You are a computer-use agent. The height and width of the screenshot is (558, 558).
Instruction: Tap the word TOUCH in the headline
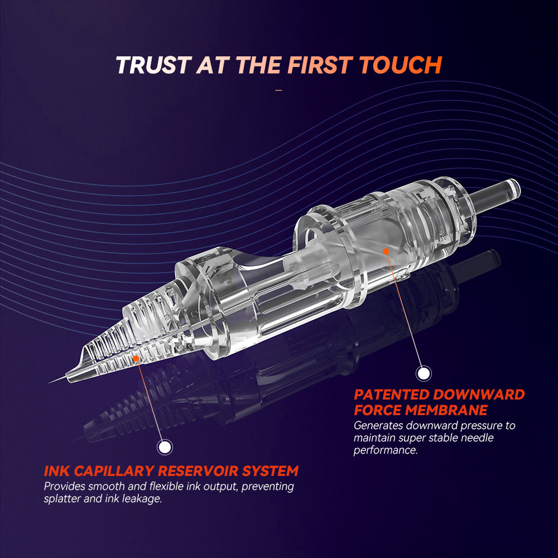pyautogui.click(x=401, y=65)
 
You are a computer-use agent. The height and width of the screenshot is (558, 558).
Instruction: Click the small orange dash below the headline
pyautogui.click(x=278, y=90)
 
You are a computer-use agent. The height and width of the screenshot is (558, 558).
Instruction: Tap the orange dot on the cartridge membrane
pyautogui.click(x=386, y=251)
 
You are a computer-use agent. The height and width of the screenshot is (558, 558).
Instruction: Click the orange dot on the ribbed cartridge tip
pyautogui.click(x=136, y=358)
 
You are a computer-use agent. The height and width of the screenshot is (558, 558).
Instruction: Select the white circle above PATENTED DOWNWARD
pyautogui.click(x=424, y=374)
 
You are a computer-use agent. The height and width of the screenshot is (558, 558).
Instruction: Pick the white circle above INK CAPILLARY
pyautogui.click(x=165, y=447)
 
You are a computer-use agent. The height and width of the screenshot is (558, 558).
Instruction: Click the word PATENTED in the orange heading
pyautogui.click(x=392, y=395)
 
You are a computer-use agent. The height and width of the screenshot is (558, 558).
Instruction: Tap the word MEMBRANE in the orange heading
pyautogui.click(x=446, y=410)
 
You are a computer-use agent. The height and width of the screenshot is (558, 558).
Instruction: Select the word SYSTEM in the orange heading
pyautogui.click(x=270, y=471)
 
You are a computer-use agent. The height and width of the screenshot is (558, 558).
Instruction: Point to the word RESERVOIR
pyautogui.click(x=198, y=471)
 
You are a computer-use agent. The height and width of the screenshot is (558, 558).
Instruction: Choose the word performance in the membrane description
pyautogui.click(x=386, y=450)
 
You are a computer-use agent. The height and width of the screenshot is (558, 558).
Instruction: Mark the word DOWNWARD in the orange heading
pyautogui.click(x=479, y=395)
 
